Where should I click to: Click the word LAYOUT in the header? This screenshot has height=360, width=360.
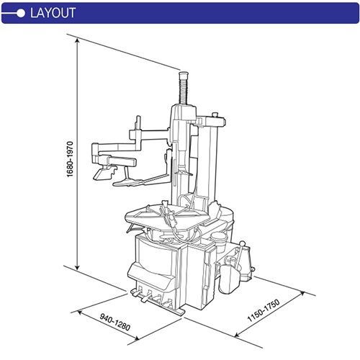click(52, 12)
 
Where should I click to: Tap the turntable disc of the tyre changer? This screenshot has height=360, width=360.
click(170, 215)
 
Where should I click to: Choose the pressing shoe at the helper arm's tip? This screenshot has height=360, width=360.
click(106, 173)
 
